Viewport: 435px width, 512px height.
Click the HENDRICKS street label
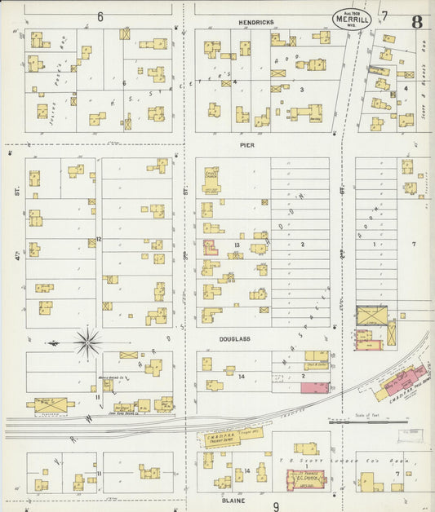(255, 23)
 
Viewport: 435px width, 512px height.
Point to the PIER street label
(247, 144)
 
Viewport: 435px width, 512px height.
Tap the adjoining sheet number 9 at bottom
(276, 505)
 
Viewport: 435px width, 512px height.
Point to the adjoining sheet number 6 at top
(100, 16)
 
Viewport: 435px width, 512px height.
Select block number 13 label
(237, 245)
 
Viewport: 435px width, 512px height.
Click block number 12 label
(99, 239)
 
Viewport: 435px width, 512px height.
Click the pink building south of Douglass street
(315, 386)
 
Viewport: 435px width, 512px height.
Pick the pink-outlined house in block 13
(211, 247)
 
